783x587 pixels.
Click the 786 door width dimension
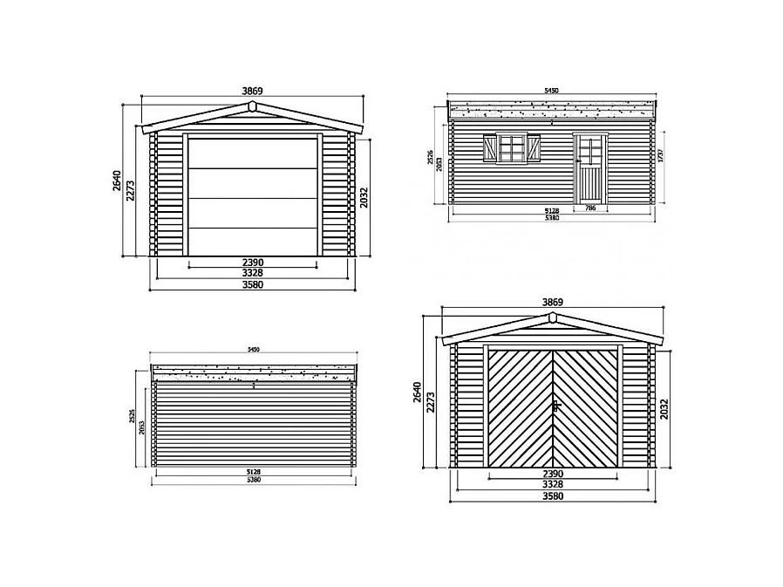click(x=590, y=209)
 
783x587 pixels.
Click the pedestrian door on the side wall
click(x=590, y=168)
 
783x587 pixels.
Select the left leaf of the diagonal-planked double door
click(x=521, y=406)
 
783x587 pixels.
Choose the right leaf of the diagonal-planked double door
click(x=587, y=406)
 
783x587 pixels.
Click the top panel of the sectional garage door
click(x=253, y=153)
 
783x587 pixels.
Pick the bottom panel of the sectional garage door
click(x=253, y=242)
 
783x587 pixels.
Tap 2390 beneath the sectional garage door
click(x=253, y=262)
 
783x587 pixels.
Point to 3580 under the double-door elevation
click(x=553, y=496)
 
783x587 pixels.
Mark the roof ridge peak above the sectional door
click(x=252, y=106)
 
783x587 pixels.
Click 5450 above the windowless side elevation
click(x=254, y=350)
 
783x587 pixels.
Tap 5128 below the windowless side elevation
click(x=253, y=471)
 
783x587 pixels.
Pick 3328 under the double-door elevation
click(x=553, y=485)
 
